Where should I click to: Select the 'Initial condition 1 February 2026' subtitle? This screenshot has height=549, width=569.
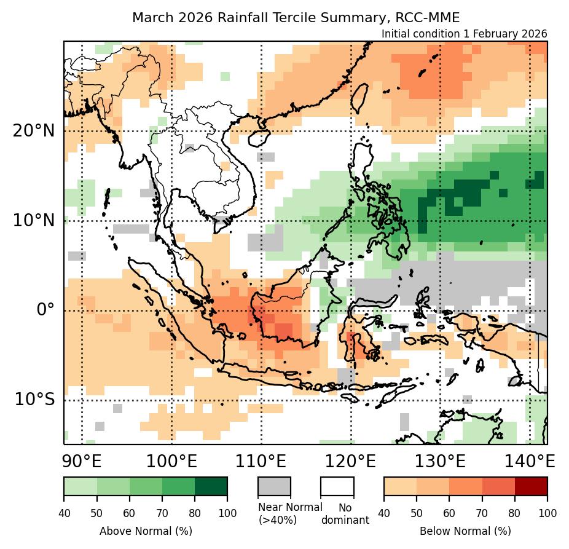(x=464, y=34)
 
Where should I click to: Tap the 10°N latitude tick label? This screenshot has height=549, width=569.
(x=34, y=220)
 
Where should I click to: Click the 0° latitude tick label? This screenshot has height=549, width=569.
(x=45, y=309)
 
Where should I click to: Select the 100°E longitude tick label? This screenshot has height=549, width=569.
(x=172, y=461)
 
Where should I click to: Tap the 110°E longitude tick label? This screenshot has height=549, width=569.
(x=262, y=461)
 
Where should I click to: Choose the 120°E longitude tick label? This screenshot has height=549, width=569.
(x=351, y=461)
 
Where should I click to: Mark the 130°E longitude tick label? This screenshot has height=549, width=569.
(x=441, y=461)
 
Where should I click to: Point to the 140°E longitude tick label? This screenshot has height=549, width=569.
(x=530, y=461)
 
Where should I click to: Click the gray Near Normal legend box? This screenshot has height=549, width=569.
(x=274, y=486)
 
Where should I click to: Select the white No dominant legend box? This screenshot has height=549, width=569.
(x=337, y=486)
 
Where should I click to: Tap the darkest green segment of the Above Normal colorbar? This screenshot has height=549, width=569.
(x=211, y=486)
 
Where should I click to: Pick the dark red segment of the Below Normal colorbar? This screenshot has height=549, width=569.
(x=531, y=486)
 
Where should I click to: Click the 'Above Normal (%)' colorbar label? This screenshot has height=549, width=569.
(x=146, y=531)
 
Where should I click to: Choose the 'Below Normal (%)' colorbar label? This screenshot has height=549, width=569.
(x=465, y=531)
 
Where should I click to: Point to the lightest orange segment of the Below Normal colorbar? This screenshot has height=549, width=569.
(x=400, y=486)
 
